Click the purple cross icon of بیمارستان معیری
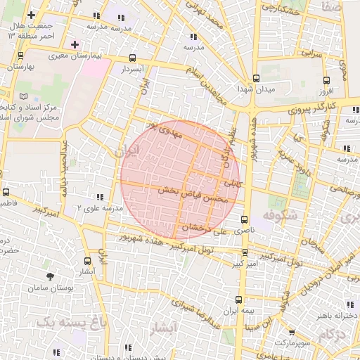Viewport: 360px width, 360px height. [75, 44]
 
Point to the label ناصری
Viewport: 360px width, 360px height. [244, 231]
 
